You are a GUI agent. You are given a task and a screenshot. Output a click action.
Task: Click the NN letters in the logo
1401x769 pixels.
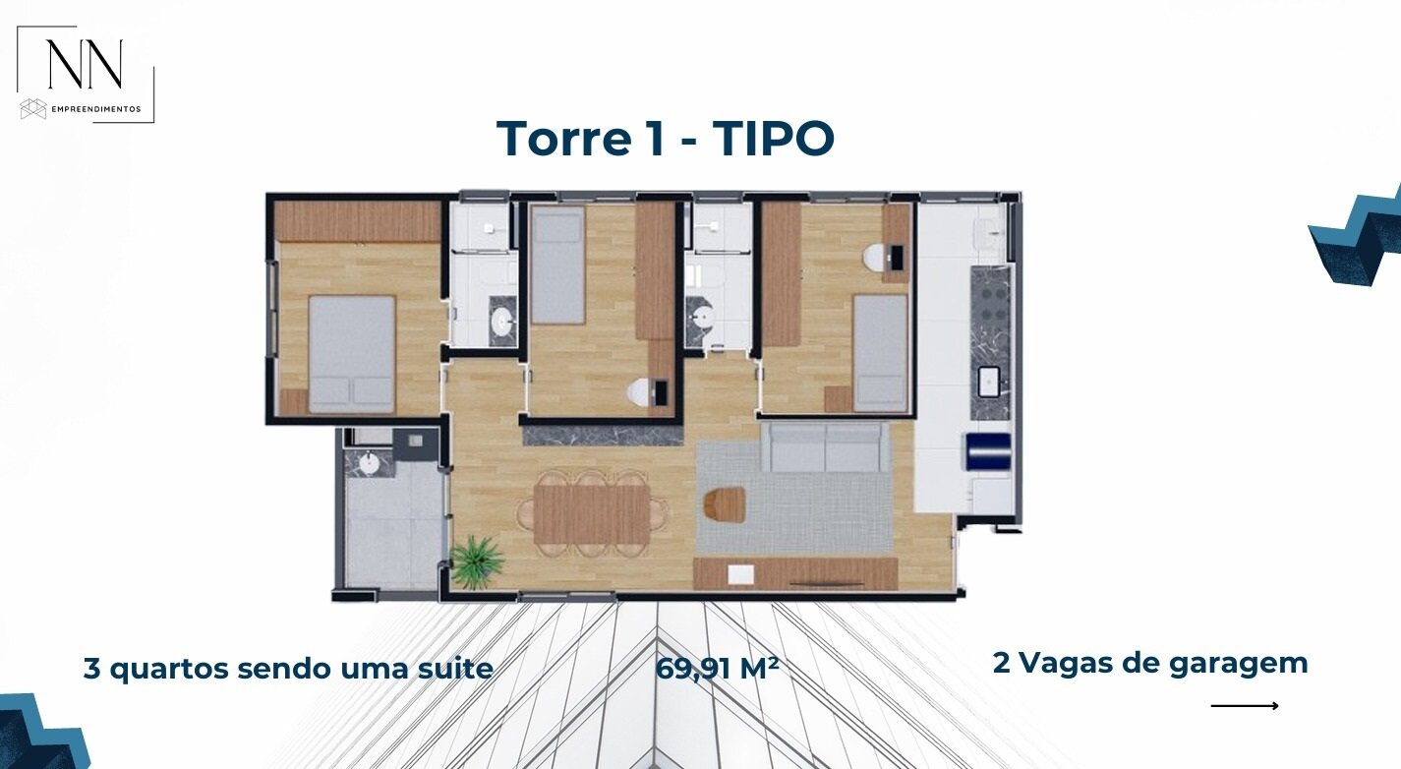[x=86, y=64]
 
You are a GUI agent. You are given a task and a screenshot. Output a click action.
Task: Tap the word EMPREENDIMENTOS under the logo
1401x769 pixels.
[x=96, y=109]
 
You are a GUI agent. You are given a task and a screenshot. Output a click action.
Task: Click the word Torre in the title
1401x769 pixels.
[x=563, y=138]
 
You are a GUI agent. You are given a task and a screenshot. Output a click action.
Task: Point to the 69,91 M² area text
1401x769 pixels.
[x=717, y=669]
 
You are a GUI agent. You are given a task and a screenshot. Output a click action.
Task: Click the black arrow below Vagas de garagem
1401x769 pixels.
[x=1245, y=706]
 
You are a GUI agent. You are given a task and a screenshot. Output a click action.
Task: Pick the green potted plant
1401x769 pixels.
[x=477, y=562]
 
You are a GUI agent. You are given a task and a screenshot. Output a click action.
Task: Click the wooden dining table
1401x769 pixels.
[x=592, y=514]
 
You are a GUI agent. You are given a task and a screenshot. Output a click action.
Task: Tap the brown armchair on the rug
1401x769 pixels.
[x=725, y=504]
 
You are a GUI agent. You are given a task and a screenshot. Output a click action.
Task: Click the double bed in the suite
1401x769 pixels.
[x=352, y=354]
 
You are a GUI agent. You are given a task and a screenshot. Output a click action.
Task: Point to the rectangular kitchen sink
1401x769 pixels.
[x=989, y=382]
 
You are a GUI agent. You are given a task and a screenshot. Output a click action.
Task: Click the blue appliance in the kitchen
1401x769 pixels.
[x=988, y=451]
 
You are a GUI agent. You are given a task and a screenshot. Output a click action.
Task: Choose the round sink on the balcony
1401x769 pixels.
[x=369, y=463]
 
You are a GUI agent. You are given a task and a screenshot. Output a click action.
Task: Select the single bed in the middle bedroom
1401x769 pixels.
[x=557, y=266]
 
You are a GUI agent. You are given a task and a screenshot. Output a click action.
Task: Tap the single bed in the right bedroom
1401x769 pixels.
[x=880, y=353]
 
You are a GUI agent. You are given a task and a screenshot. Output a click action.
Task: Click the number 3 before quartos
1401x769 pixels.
[x=92, y=669]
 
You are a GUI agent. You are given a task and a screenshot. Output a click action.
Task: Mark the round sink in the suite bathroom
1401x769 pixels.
[x=502, y=322]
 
